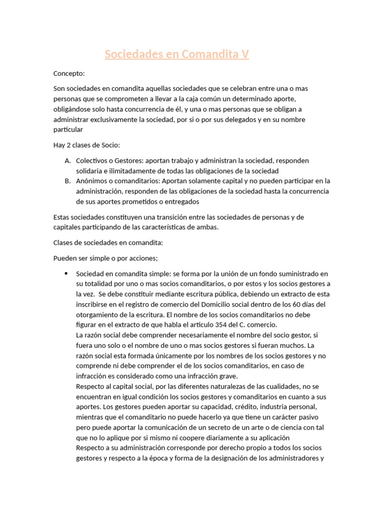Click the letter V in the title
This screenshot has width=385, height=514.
245,55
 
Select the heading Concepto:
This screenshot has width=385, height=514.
69,73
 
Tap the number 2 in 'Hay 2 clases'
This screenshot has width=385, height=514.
70,145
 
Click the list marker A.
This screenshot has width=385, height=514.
68,160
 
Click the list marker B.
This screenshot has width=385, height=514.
68,181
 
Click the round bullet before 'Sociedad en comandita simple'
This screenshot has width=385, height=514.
66,273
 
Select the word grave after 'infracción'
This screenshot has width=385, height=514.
227,376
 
